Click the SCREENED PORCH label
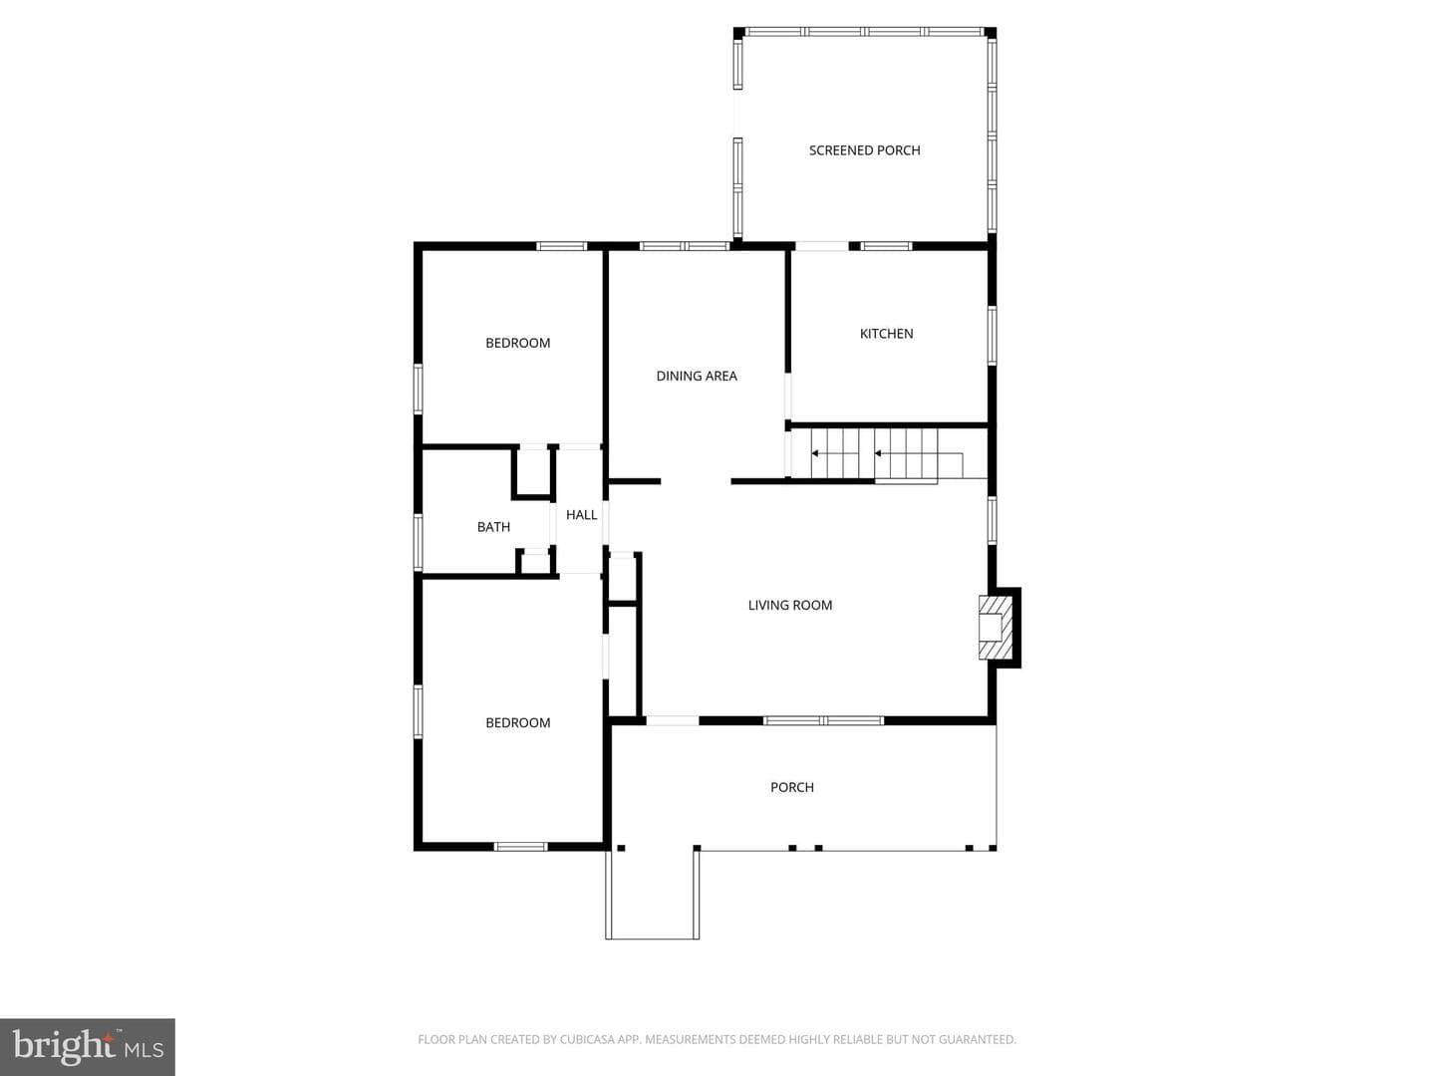click(864, 150)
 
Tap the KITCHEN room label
click(887, 334)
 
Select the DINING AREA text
click(697, 376)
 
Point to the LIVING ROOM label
click(789, 605)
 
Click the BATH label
click(493, 527)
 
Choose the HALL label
click(581, 515)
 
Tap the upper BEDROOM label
click(518, 343)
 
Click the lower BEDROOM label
click(518, 722)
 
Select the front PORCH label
click(791, 787)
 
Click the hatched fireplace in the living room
click(995, 628)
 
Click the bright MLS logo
click(88, 1046)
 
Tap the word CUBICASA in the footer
click(586, 1039)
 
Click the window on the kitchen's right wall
click(992, 335)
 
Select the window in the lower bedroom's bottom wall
click(520, 847)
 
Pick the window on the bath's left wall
click(419, 542)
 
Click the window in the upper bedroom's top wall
click(562, 246)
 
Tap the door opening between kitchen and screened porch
click(822, 246)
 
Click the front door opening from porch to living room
click(673, 720)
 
